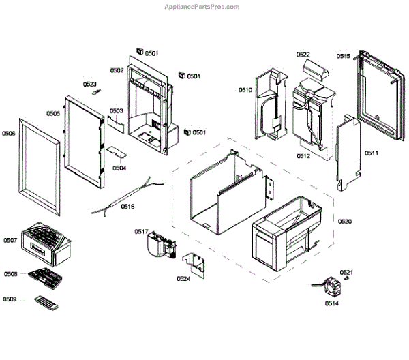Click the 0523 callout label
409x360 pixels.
[x=90, y=85]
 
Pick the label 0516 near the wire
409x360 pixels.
[x=127, y=205]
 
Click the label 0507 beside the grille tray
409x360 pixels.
[x=10, y=240]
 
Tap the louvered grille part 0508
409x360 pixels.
[x=44, y=275]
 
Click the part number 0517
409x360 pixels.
[x=140, y=232]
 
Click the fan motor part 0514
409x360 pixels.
[x=331, y=286]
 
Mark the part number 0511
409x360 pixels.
[x=372, y=153]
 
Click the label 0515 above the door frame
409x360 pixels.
[x=343, y=56]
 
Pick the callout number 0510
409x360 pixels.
[x=245, y=90]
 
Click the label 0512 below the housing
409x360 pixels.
[x=303, y=156]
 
